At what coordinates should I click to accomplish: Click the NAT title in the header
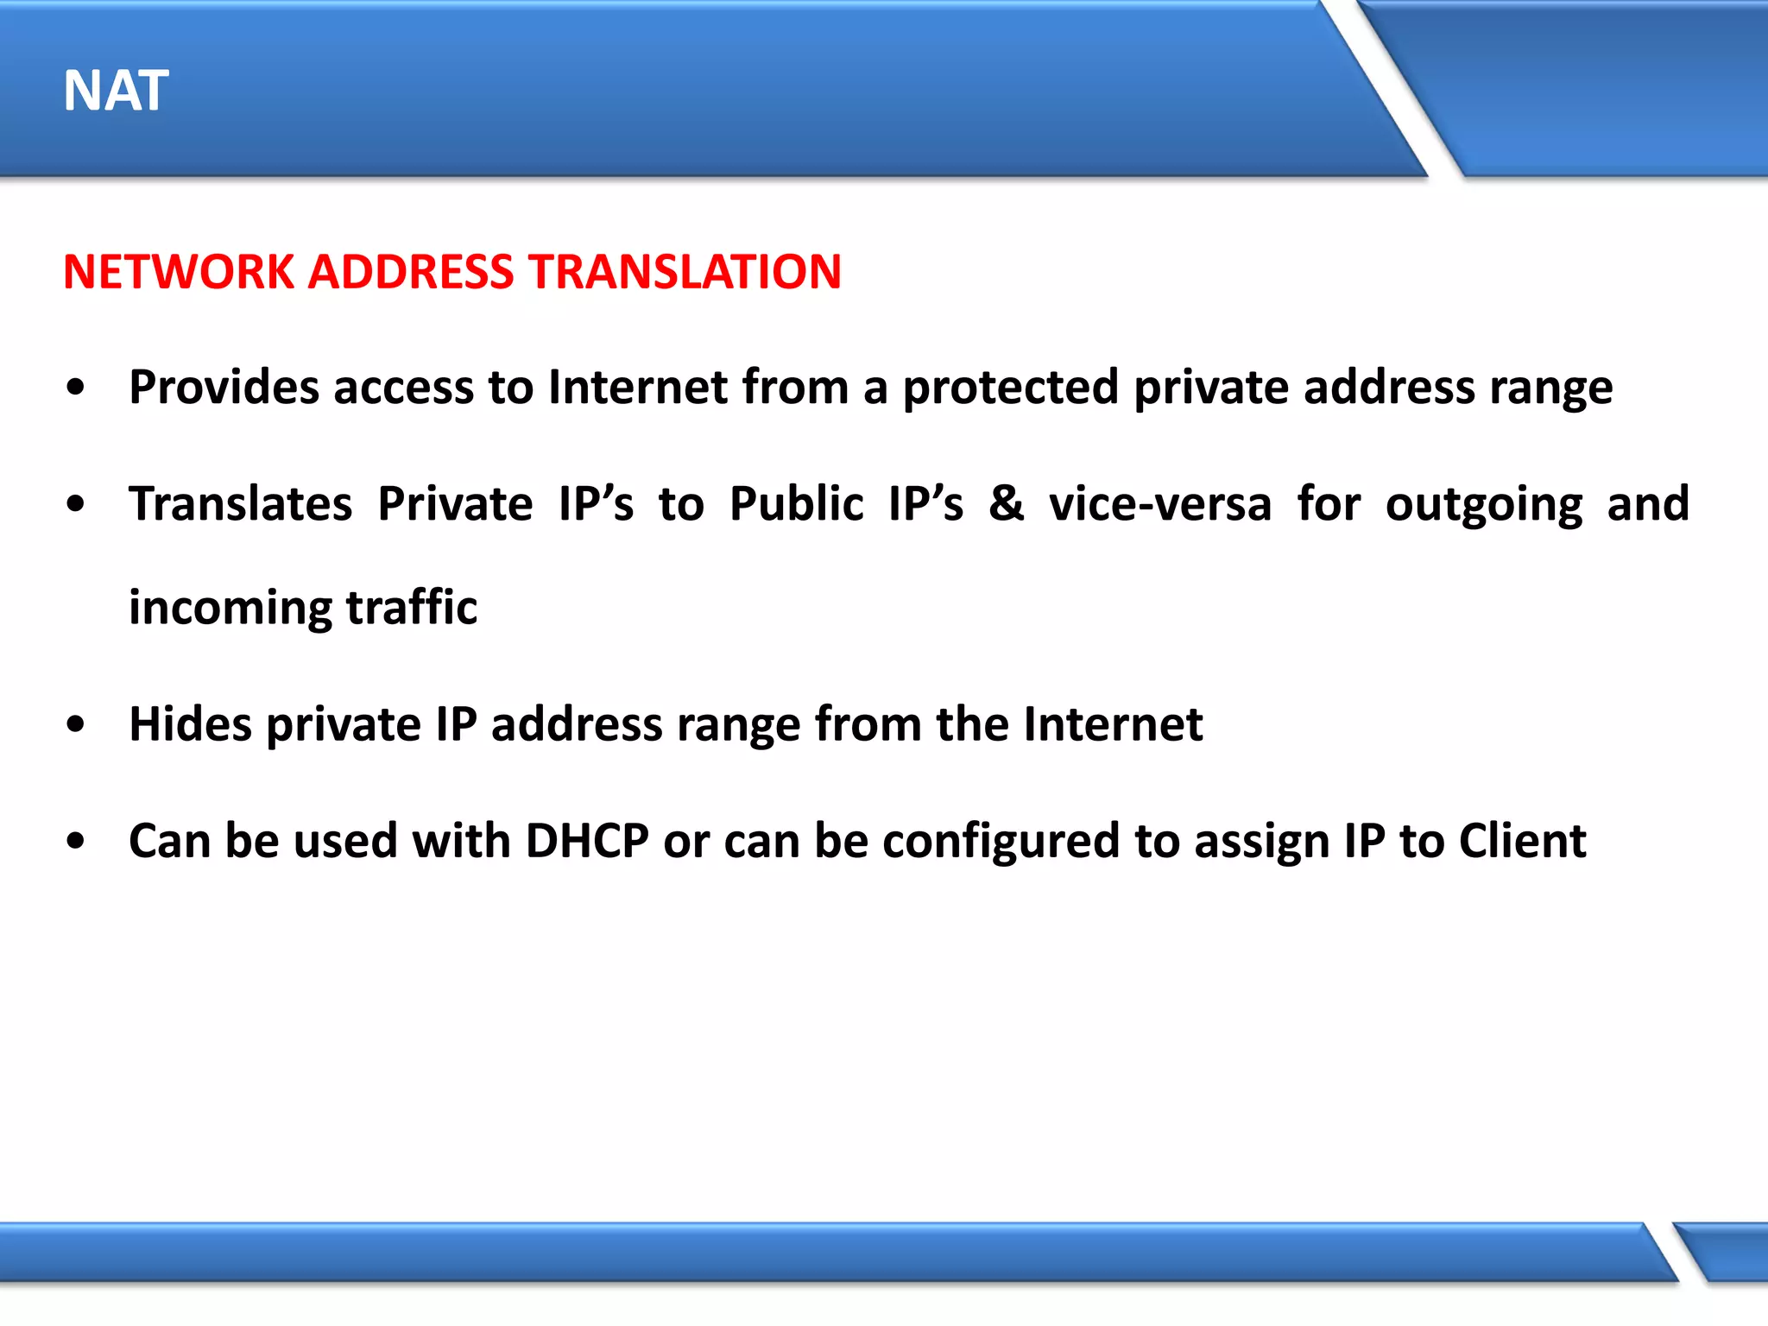pos(116,91)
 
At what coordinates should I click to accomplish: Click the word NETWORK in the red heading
pos(179,272)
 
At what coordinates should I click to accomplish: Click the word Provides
pos(224,387)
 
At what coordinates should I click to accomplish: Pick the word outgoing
pos(1484,505)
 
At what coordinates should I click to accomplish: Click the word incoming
pos(230,608)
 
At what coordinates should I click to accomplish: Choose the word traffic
pos(412,607)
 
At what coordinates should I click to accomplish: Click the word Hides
pos(190,723)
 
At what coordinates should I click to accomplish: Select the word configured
pos(1001,842)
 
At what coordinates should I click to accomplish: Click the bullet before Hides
pos(76,724)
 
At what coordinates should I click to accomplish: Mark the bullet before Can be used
pos(76,841)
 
